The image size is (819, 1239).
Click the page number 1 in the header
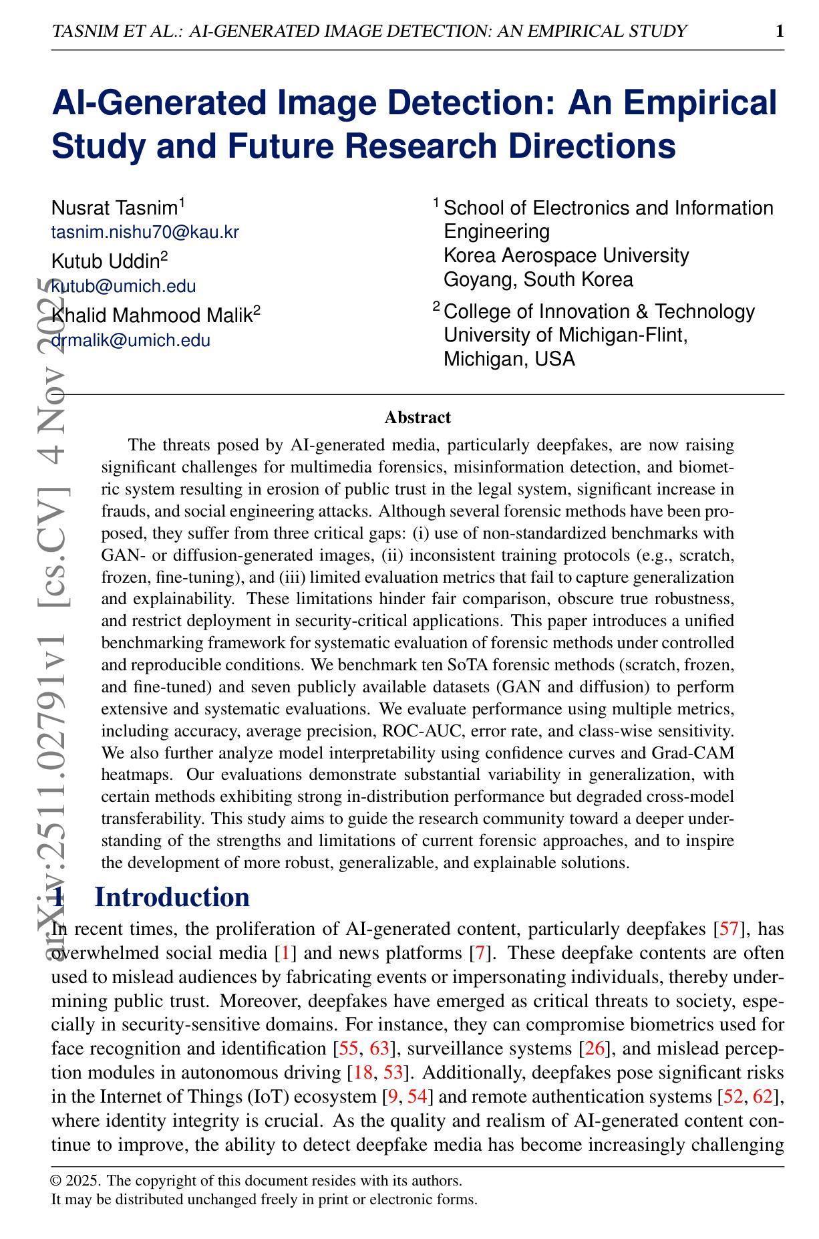click(x=780, y=31)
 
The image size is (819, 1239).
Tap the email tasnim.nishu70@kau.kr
click(x=145, y=232)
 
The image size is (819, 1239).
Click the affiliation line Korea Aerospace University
click(x=566, y=255)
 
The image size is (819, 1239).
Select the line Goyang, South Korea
click(x=538, y=279)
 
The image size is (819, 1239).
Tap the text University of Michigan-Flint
click(x=566, y=335)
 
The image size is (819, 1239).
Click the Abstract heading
click(x=418, y=418)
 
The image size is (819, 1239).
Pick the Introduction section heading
click(x=172, y=897)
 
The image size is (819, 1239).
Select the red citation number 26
click(x=594, y=1049)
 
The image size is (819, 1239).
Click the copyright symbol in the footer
click(x=56, y=1181)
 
